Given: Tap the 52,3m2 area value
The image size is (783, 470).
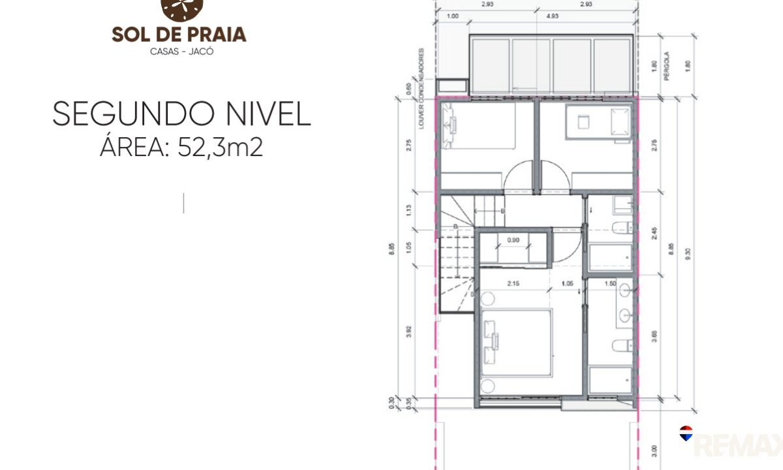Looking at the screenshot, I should point(219,148).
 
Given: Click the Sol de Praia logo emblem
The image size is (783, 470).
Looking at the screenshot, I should point(182,8).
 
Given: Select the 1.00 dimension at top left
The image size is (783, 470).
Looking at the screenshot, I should point(452,16).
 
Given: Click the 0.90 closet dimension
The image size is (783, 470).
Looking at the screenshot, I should point(514,240).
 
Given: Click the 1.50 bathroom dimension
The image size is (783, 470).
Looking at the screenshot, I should point(610,283).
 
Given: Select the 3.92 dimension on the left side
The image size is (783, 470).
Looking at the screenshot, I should point(408,331).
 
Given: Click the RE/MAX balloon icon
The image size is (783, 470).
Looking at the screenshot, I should point(686,433).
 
